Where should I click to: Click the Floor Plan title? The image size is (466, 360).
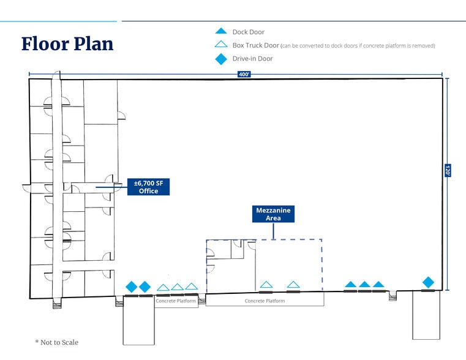[x=67, y=43]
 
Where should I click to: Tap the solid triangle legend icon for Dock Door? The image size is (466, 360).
[x=221, y=31]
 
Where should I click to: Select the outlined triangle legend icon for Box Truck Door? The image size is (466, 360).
[x=221, y=45]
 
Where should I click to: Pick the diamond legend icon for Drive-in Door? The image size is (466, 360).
[x=221, y=59]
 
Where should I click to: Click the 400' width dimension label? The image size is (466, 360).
[x=244, y=75]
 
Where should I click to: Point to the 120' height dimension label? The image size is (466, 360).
[x=448, y=171]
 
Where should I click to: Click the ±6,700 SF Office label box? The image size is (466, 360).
[x=148, y=187]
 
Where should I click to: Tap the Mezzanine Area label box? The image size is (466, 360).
[x=273, y=214]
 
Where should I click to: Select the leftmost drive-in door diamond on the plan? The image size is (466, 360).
[x=131, y=287]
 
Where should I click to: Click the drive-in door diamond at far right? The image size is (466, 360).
[x=428, y=282]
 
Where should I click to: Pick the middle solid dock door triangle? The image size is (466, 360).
[x=364, y=284]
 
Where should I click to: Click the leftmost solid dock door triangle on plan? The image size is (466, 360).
[x=350, y=284]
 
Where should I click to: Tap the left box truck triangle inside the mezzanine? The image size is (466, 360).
[x=266, y=284]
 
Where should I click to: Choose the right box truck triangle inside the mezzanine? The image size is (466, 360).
[x=293, y=284]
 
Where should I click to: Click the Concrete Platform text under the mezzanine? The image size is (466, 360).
[x=265, y=301]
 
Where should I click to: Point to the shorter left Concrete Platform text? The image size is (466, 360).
[x=176, y=301]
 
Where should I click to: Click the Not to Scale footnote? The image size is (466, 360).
[x=57, y=342]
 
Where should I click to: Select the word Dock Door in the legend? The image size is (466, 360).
[x=249, y=32]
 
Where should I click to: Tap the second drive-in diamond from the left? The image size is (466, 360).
[x=145, y=287]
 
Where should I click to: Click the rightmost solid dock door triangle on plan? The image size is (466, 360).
[x=378, y=284]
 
